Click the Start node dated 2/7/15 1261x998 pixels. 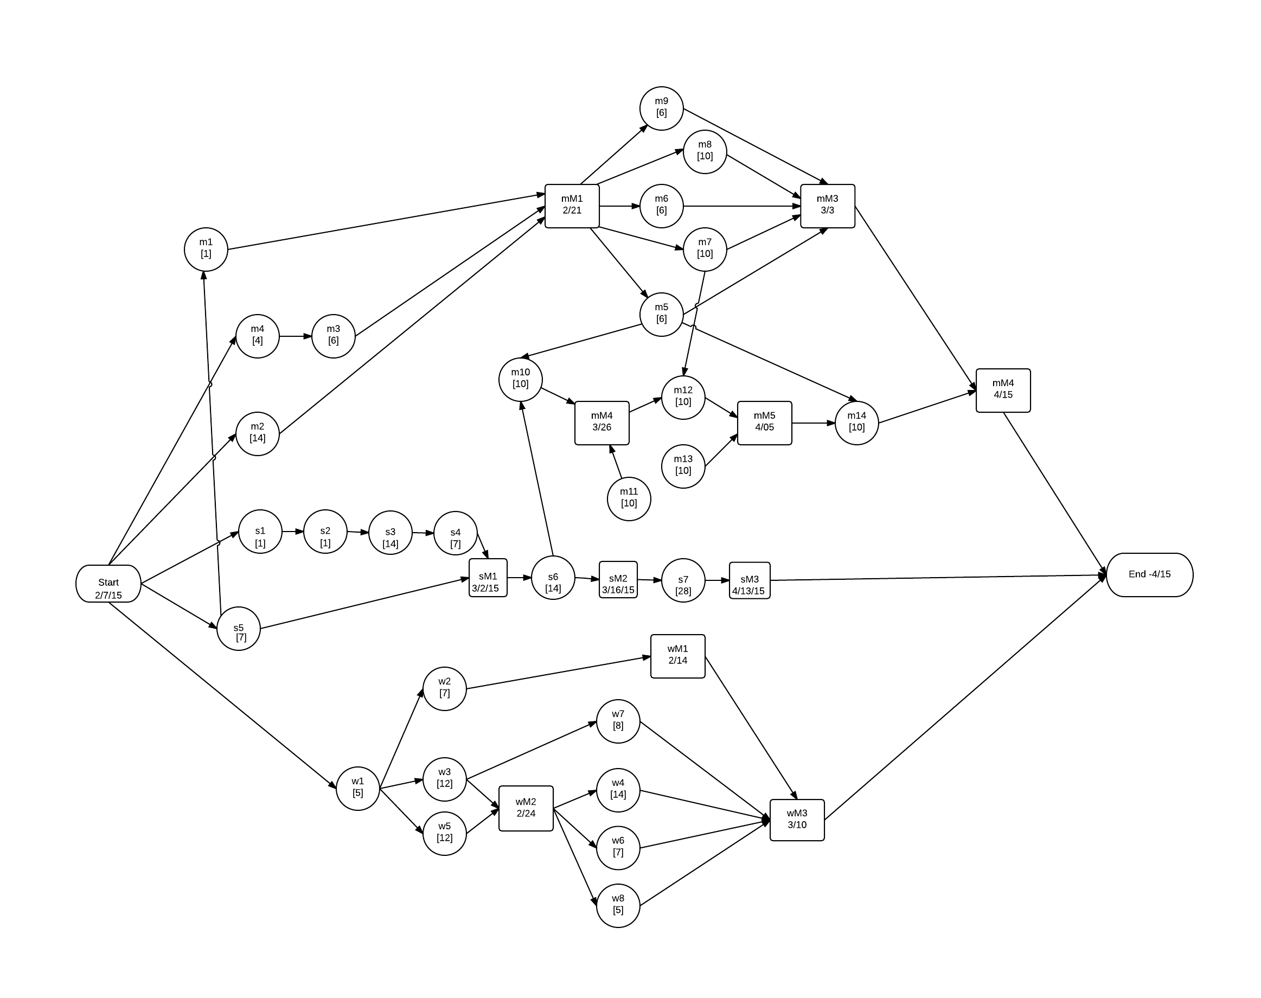(108, 583)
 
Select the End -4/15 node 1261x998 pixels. (1149, 574)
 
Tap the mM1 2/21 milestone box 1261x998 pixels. (572, 206)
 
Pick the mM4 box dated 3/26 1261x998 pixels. (601, 423)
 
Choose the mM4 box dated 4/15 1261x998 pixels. (1003, 390)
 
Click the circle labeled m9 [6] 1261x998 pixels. (661, 108)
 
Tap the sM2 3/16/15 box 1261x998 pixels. (618, 580)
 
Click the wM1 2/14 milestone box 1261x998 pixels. (677, 656)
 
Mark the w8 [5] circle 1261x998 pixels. (618, 905)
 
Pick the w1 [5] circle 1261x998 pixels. (357, 788)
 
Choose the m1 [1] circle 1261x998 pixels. (206, 249)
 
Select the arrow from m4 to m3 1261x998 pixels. (295, 336)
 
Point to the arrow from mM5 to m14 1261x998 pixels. (813, 423)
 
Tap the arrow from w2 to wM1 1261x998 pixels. (558, 673)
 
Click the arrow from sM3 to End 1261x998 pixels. (935, 578)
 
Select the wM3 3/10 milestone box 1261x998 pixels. (796, 820)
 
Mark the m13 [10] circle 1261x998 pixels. (682, 466)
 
